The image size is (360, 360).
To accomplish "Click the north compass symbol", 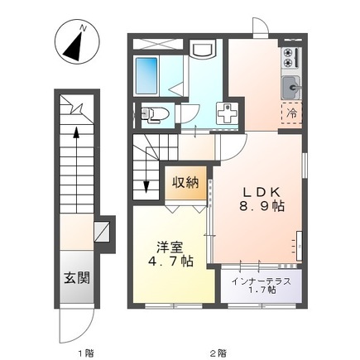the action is pos(77,41).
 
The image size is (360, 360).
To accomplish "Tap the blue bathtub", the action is pos(146,75).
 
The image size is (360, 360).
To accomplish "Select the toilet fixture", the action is pos(155,113).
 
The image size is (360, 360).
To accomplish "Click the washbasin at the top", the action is pos(203,49).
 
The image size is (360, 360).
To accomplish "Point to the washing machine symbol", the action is pos(227,114).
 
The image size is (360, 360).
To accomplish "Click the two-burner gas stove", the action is pos(291,57).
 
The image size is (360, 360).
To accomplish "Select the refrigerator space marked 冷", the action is pos(292,113).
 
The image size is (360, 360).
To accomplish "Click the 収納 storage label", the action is pos(185,182).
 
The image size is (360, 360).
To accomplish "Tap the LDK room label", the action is pos(262,192).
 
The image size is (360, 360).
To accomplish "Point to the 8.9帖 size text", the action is pos(262,206).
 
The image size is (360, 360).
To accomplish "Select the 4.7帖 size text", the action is pos(170,261).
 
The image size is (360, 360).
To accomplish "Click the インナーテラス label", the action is pos(262,281).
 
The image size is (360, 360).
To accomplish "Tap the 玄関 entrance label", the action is pos(77,277).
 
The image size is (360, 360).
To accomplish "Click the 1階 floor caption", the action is pos(85,353).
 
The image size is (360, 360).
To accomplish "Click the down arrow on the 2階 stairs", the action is pos(146,171).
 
